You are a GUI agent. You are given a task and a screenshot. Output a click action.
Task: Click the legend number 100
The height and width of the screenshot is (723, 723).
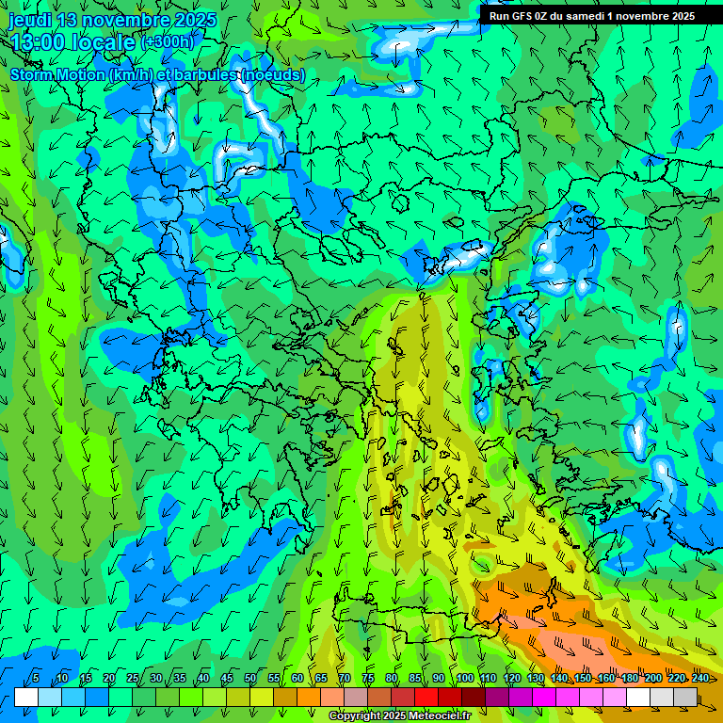click(465, 679)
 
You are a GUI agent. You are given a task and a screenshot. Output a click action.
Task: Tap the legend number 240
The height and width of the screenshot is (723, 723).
click(700, 679)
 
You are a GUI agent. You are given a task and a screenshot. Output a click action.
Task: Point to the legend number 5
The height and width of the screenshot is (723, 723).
click(36, 679)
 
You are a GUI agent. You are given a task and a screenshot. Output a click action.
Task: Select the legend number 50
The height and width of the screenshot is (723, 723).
click(250, 679)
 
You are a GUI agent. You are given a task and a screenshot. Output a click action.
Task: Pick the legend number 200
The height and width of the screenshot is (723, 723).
click(653, 679)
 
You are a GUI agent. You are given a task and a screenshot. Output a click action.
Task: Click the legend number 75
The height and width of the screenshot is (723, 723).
click(368, 679)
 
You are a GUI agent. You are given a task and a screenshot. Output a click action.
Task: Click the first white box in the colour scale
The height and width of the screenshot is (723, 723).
click(26, 697)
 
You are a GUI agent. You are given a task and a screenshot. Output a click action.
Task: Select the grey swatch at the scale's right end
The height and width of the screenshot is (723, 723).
click(685, 697)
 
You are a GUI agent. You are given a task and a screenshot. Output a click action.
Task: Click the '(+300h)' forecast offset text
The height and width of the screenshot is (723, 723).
click(168, 42)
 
